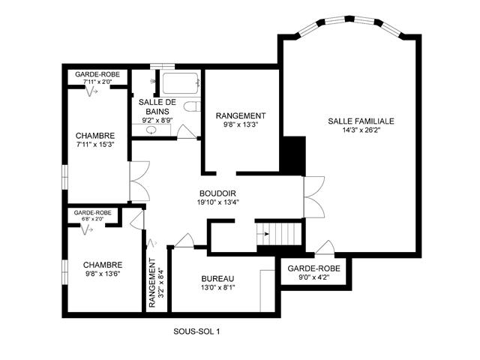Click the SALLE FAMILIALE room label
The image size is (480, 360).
[361, 121]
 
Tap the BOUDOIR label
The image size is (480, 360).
[217, 193]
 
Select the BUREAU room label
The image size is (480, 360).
[217, 279]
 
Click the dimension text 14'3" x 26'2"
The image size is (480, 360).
[361, 130]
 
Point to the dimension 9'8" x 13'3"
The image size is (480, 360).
[241, 124]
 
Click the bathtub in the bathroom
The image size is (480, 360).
[180, 83]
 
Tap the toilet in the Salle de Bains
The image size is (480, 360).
[192, 106]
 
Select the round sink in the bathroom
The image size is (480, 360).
[151, 130]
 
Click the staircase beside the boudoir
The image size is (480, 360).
[279, 234]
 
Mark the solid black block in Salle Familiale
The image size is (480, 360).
[294, 156]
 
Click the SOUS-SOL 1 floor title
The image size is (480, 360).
[196, 331]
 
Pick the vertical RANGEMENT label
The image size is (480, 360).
[152, 283]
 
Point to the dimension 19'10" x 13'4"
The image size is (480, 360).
[217, 202]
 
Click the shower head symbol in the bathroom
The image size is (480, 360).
[153, 81]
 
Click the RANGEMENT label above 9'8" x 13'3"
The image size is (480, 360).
[241, 116]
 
